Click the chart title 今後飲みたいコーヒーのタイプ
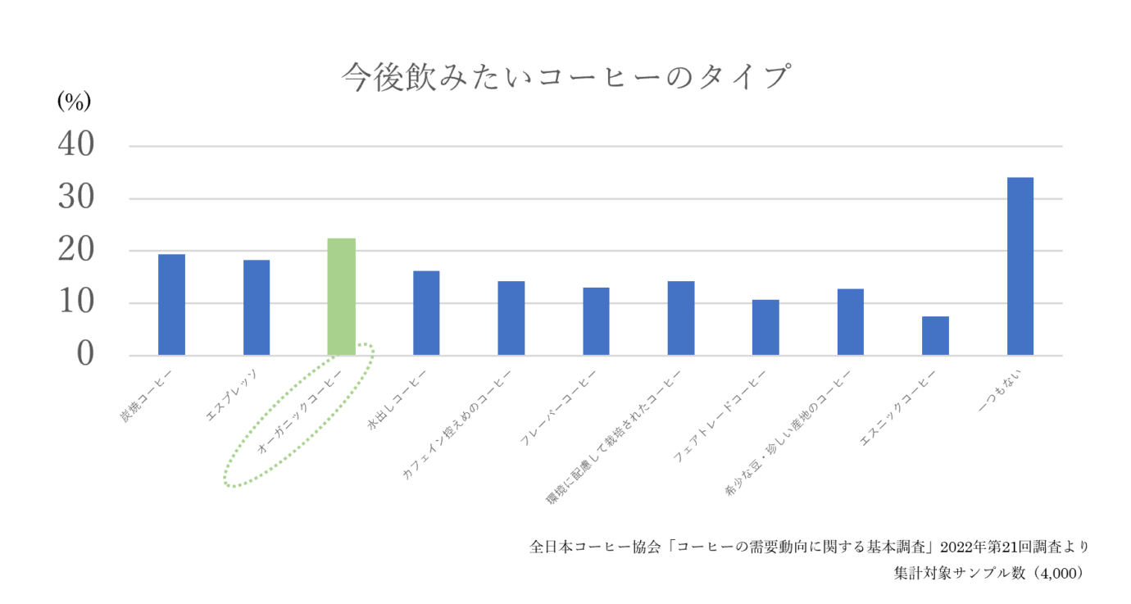[565, 78]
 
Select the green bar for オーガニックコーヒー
[341, 297]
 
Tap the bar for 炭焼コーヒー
[171, 305]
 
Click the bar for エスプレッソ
[257, 308]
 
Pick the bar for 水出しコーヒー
[426, 313]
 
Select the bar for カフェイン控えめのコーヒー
[511, 319]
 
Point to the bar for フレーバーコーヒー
[596, 321]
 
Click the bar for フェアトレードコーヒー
[765, 328]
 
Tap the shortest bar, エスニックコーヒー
[935, 336]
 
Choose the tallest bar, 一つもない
[1020, 266]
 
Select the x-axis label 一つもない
[1000, 388]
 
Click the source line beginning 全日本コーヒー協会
[809, 547]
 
